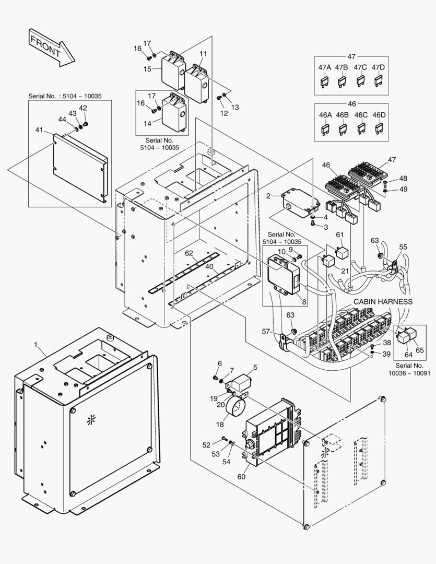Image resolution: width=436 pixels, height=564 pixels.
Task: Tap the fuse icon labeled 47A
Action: click(x=325, y=80)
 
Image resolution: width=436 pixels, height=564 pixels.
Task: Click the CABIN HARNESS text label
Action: click(x=383, y=302)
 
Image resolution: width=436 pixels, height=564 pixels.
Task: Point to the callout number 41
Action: click(x=39, y=129)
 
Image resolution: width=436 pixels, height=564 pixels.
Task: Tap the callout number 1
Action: click(x=36, y=345)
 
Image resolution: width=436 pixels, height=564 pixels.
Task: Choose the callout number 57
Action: click(x=266, y=332)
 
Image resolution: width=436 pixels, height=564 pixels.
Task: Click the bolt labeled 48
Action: click(x=385, y=183)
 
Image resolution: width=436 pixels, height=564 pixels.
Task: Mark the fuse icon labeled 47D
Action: click(x=379, y=80)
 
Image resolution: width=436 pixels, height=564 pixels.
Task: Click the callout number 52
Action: click(x=206, y=444)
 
